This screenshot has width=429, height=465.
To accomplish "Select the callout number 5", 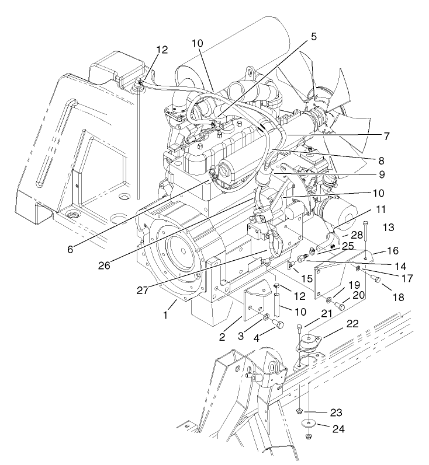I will [x=314, y=36].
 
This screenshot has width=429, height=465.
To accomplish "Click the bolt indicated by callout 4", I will [x=278, y=324].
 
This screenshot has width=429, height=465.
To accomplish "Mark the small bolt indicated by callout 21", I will [x=300, y=327].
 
